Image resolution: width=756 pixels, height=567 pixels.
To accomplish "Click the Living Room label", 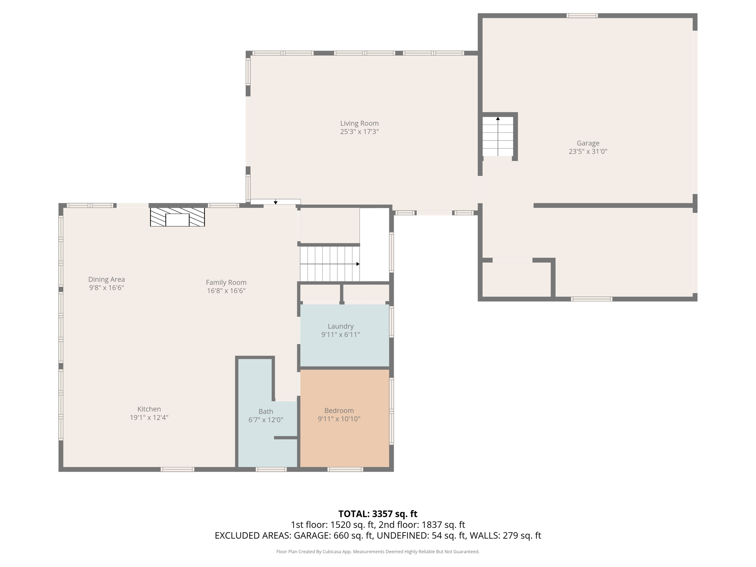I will point(359,123).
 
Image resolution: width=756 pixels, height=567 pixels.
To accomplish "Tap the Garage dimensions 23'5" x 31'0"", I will point(588,151).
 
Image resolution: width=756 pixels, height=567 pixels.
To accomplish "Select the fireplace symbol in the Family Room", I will point(177,217).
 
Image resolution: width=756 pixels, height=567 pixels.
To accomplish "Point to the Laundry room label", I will point(340,326).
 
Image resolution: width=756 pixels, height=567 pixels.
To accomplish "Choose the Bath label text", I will point(265,411).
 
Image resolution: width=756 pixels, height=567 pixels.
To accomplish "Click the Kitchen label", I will point(149,409).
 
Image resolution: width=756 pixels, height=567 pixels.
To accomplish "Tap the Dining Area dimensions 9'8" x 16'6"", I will point(106,288).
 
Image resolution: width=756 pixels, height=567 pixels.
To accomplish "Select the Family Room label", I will point(226,282).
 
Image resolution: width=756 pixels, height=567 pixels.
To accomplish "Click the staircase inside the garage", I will point(498,137).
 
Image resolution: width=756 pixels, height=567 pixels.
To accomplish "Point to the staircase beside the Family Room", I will point(329,264).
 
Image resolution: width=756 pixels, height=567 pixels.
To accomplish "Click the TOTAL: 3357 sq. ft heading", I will point(378,514).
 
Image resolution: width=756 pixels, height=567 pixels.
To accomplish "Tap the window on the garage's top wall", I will point(582,16).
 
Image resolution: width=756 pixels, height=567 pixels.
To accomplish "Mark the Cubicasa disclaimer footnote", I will point(378,551).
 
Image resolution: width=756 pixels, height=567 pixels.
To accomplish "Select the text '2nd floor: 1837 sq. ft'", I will point(422,525).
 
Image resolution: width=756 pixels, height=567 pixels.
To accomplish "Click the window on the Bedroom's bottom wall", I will point(345,470).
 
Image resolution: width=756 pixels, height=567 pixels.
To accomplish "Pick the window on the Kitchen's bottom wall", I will point(177,470).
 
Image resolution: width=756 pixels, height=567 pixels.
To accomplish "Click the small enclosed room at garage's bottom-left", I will point(516,280).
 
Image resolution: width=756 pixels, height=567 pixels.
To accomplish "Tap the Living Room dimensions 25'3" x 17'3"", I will point(359,132).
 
